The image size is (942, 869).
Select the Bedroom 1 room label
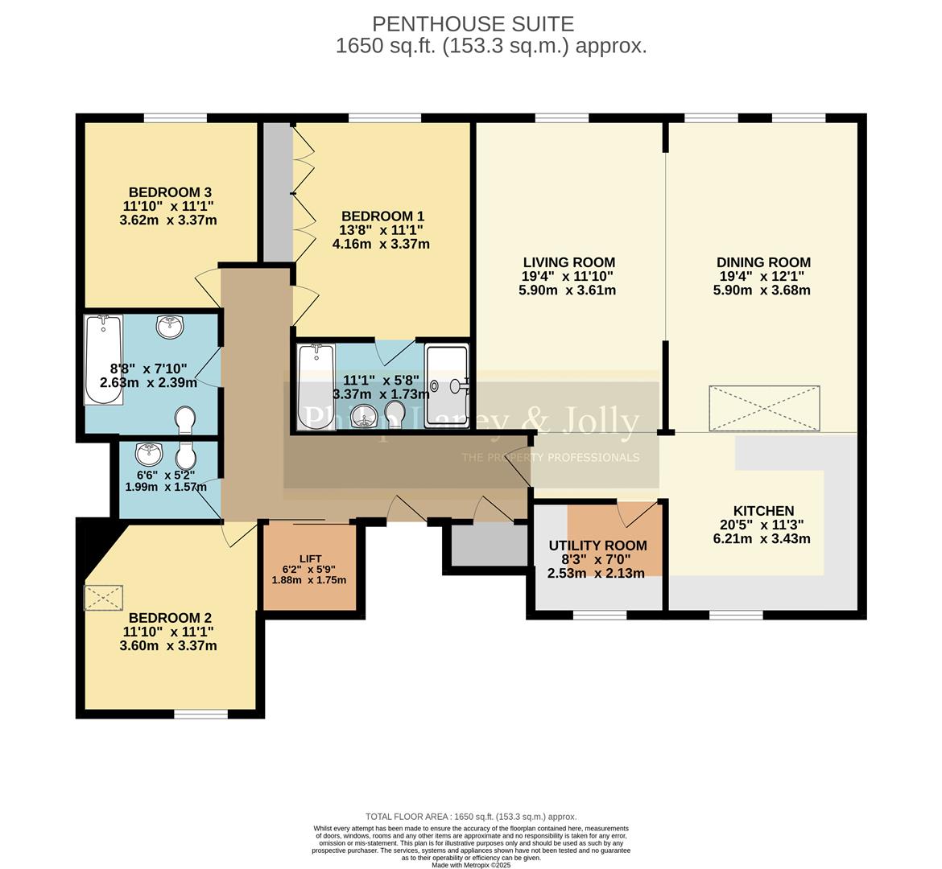coord(382,216)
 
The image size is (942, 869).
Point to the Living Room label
coord(568,262)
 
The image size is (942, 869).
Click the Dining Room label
coord(763,262)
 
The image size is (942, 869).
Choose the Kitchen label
coord(763,511)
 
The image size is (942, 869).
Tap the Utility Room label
coord(597,546)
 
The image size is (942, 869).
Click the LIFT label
coord(310,558)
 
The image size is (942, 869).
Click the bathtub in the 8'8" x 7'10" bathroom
coord(104,359)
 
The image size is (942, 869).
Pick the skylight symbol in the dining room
coord(764,402)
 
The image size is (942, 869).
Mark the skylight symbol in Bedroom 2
coord(103,598)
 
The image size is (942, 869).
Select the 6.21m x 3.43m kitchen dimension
coord(762,539)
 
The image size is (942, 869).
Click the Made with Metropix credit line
coord(471,865)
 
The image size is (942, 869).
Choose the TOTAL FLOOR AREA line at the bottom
coord(471,816)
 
